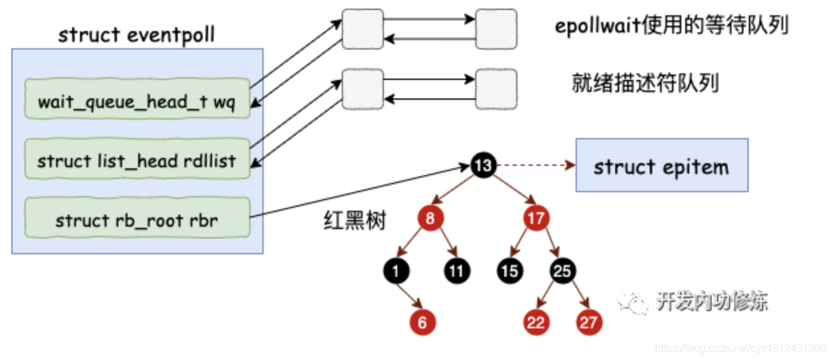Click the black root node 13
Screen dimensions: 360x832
483,165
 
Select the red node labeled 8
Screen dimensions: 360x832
430,219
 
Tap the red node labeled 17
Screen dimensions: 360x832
535,219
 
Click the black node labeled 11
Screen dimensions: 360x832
457,270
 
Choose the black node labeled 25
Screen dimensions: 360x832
563,270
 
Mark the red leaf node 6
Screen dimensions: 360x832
422,322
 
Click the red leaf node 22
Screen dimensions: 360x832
535,322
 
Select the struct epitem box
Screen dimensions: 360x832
662,165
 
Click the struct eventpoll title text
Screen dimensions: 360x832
137,34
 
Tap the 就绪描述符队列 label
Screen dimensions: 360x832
645,84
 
